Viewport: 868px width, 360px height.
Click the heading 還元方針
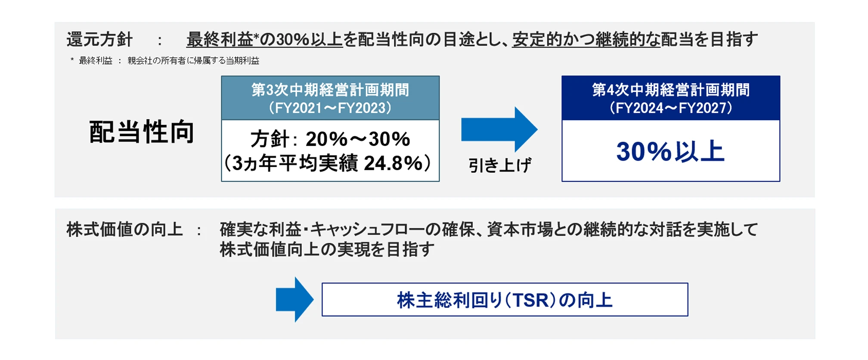[99, 40]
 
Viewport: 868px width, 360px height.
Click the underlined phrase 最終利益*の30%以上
[264, 40]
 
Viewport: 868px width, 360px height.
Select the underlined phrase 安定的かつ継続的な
[586, 40]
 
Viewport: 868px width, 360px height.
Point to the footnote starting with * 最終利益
[165, 61]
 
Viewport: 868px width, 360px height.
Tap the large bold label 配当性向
[142, 132]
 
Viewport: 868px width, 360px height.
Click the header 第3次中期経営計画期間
[330, 90]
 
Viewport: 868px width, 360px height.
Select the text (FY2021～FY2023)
[330, 108]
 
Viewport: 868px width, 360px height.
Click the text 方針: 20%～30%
[330, 139]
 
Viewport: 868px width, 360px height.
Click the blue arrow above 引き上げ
[499, 130]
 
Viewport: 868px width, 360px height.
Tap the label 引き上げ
[499, 165]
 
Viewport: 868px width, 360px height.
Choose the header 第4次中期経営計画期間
[670, 90]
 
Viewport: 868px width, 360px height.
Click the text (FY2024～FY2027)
[670, 108]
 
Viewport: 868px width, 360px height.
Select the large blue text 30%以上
[670, 152]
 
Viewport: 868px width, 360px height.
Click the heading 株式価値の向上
[125, 230]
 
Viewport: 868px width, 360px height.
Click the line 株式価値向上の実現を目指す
[327, 249]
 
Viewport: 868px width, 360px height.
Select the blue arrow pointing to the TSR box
[294, 300]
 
